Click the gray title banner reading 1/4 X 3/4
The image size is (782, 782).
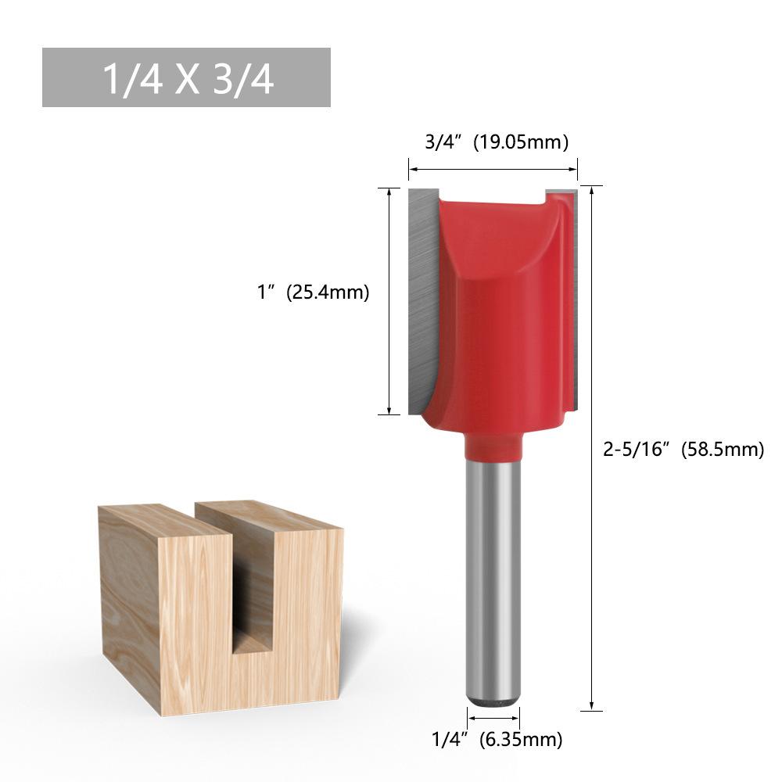click(x=186, y=77)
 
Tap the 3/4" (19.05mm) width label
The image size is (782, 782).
click(x=497, y=142)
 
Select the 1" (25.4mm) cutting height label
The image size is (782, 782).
click(x=314, y=292)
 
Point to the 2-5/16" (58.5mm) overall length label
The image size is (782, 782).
click(x=683, y=450)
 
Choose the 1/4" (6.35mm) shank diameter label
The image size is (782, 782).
click(x=497, y=739)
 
